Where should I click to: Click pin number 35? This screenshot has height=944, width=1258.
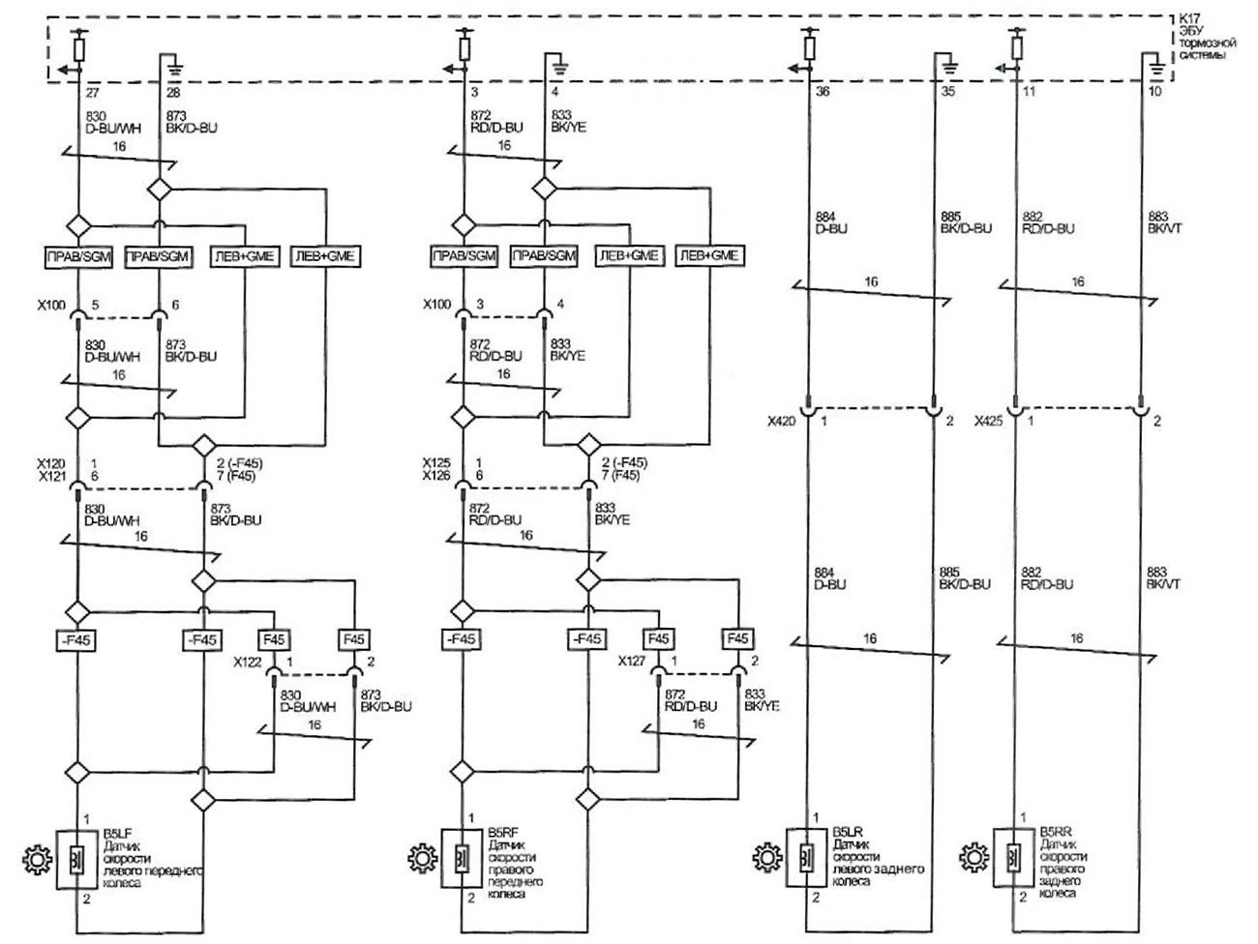pyautogui.click(x=947, y=94)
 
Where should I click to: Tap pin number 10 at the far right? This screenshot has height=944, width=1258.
pyautogui.click(x=1155, y=94)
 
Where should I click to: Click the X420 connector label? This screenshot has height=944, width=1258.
pyautogui.click(x=781, y=421)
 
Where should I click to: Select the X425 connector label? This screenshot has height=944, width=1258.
pyautogui.click(x=988, y=421)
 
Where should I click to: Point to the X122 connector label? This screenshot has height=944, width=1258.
pyautogui.click(x=248, y=663)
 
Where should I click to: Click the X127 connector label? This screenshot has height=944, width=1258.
pyautogui.click(x=633, y=663)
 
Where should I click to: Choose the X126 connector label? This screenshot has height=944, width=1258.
pyautogui.click(x=436, y=476)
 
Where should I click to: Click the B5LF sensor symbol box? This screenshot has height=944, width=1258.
pyautogui.click(x=76, y=857)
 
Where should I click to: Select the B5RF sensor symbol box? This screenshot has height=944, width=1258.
pyautogui.click(x=463, y=857)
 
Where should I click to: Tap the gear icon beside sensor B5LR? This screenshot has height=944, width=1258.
pyautogui.click(x=766, y=856)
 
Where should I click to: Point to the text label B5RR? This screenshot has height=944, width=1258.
pyautogui.click(x=1054, y=831)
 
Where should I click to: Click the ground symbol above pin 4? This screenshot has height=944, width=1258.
pyautogui.click(x=560, y=67)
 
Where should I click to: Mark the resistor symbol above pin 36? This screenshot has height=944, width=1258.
pyautogui.click(x=809, y=47)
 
